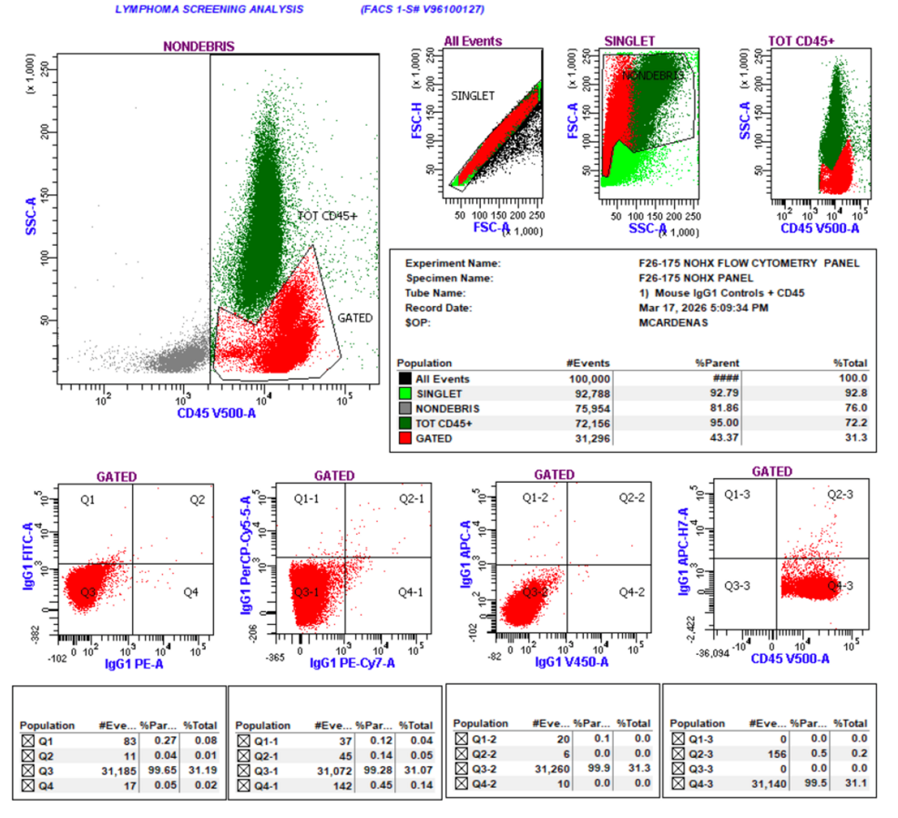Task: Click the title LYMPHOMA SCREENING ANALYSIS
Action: pyautogui.click(x=209, y=10)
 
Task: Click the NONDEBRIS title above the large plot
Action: pyautogui.click(x=199, y=46)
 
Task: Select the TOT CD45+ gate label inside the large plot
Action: pyautogui.click(x=328, y=215)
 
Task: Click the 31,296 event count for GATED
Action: pyautogui.click(x=590, y=439)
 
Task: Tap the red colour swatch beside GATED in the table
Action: pyautogui.click(x=404, y=439)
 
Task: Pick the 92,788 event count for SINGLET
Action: pyautogui.click(x=590, y=393)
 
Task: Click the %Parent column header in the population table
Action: pyautogui.click(x=709, y=363)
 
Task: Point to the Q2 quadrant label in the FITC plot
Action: pyautogui.click(x=198, y=500)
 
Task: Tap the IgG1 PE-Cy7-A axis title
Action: pyautogui.click(x=352, y=663)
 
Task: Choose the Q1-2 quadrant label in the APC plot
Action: pyautogui.click(x=535, y=497)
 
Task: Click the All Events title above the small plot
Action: pyautogui.click(x=473, y=41)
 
